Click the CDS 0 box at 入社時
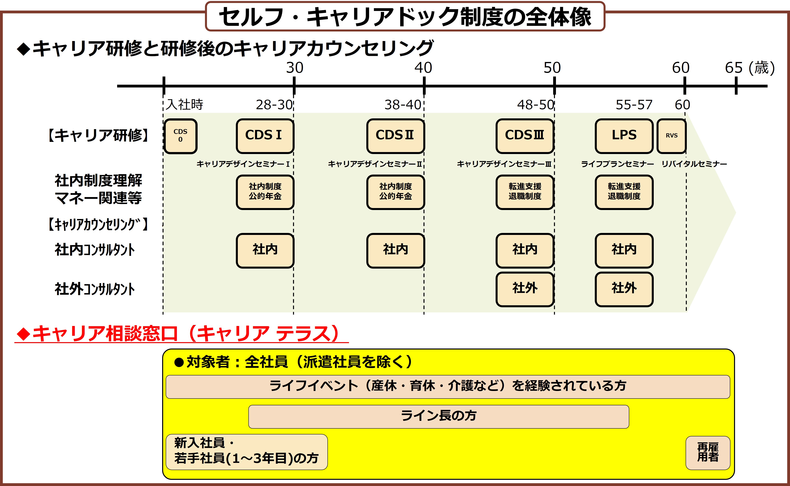[x=180, y=136]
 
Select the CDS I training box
[x=265, y=136]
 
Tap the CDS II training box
[x=395, y=136]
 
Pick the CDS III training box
[x=525, y=136]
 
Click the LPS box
[x=624, y=136]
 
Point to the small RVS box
[x=671, y=136]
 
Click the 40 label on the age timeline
[x=423, y=68]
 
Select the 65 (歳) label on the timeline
[x=750, y=68]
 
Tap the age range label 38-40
[x=403, y=105]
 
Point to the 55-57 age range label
[x=634, y=105]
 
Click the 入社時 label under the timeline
[x=185, y=105]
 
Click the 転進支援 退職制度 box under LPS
[x=624, y=192]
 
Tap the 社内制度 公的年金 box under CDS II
[x=395, y=192]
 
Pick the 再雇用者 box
[x=708, y=453]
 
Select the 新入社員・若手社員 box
[x=246, y=452]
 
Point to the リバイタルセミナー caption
[x=694, y=164]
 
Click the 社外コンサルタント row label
[x=95, y=289]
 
